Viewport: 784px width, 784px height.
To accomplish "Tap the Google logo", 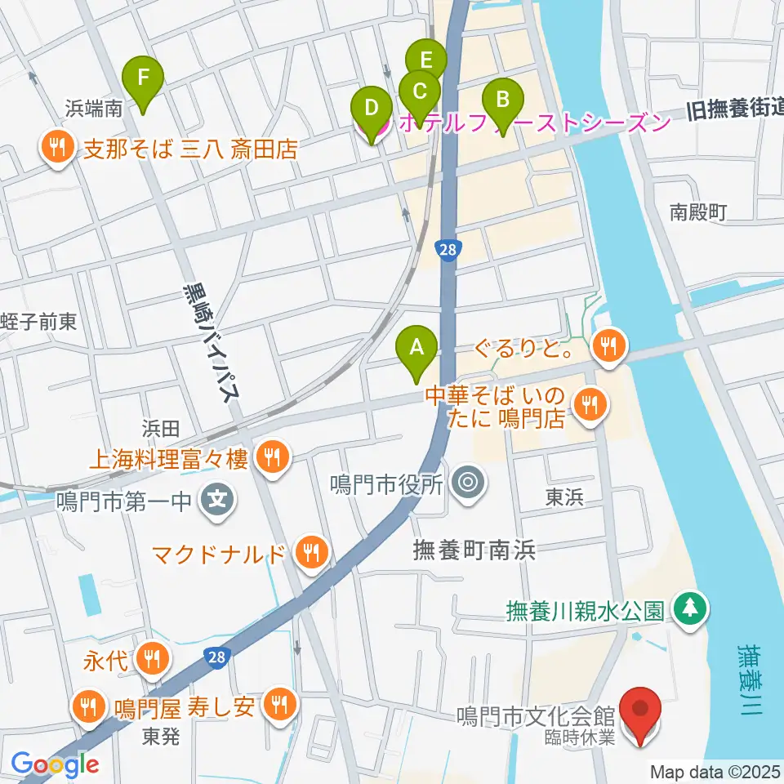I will pyautogui.click(x=56, y=764).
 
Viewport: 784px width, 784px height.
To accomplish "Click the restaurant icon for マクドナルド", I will pyautogui.click(x=311, y=552).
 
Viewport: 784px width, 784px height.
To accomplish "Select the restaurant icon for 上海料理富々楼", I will pyautogui.click(x=269, y=458).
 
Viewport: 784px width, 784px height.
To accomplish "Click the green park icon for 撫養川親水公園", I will pyautogui.click(x=691, y=609).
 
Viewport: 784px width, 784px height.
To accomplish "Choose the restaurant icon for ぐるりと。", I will pyautogui.click(x=608, y=345).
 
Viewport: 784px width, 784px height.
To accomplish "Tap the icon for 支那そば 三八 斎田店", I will pyautogui.click(x=56, y=148).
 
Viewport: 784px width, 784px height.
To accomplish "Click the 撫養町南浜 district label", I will pyautogui.click(x=474, y=552).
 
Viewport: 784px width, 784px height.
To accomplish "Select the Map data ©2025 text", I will pyautogui.click(x=715, y=771).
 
